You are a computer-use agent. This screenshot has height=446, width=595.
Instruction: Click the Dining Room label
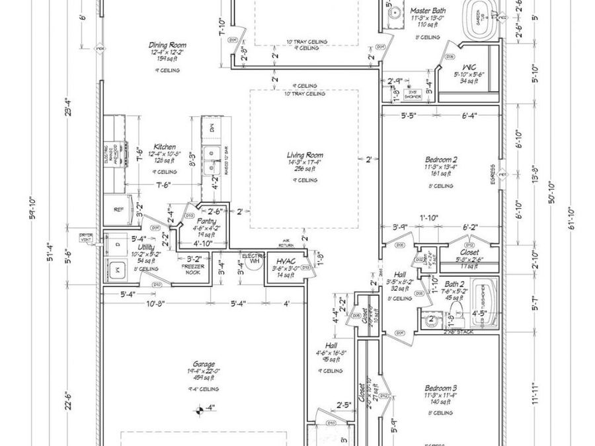click(167, 45)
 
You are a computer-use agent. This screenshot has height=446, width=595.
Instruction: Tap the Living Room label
click(305, 155)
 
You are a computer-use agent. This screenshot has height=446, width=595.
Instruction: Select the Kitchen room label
click(165, 147)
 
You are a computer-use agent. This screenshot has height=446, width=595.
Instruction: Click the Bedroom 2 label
click(442, 159)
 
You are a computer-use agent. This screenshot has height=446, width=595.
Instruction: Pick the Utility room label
click(146, 246)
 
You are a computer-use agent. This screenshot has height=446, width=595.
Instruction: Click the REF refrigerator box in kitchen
click(119, 209)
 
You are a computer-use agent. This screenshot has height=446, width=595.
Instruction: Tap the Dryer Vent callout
click(85, 237)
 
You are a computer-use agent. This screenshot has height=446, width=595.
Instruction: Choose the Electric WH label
click(253, 258)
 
